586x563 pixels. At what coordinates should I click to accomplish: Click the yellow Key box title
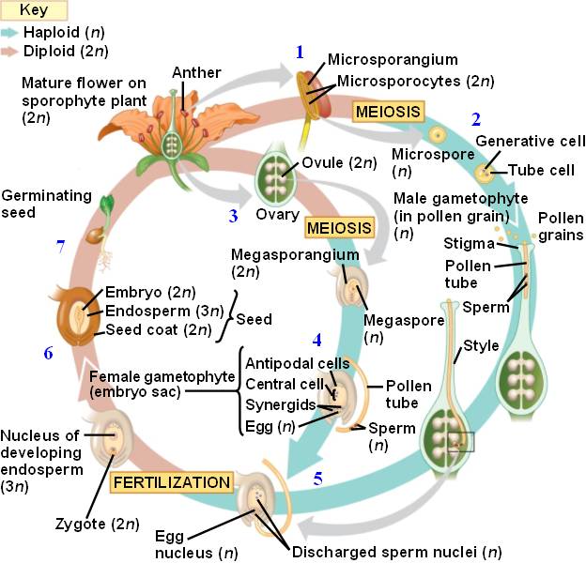point(33,10)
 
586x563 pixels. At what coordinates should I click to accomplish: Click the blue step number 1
point(300,53)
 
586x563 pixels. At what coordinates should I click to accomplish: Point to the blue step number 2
point(476,119)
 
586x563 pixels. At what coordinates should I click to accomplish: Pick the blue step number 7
point(60,248)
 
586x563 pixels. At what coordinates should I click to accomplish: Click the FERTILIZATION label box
point(171,482)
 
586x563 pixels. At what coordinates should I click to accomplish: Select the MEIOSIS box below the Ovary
point(339,227)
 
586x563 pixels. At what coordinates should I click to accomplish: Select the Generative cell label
point(530,141)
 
